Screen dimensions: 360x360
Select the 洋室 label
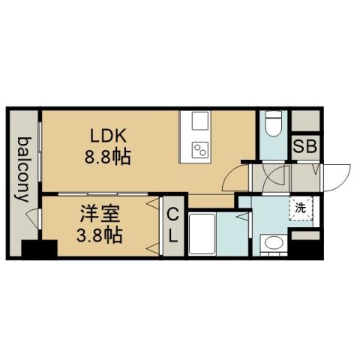click(98, 214)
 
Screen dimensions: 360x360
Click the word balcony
click(23, 170)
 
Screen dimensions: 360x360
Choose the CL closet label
click(172, 224)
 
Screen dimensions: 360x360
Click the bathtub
click(204, 234)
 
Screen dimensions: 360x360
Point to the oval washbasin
click(272, 242)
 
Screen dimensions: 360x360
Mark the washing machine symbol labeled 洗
click(299, 208)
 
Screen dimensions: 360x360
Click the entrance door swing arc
click(335, 175)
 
